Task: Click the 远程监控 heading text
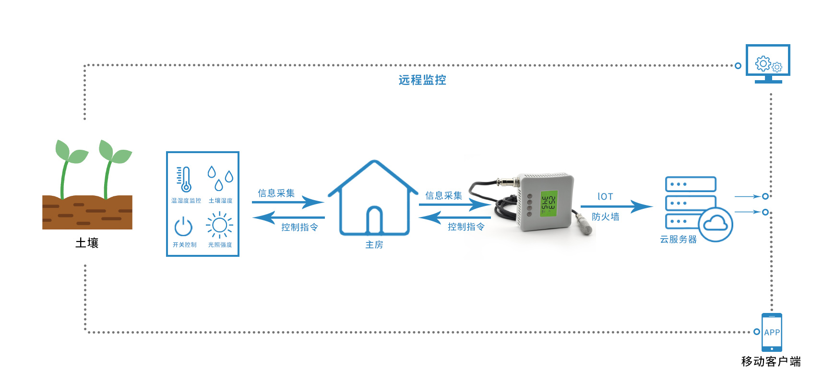click(x=422, y=80)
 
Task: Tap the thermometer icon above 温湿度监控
click(x=184, y=180)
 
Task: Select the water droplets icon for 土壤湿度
click(x=220, y=178)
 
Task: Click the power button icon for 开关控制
click(x=183, y=227)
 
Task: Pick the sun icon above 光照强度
click(x=219, y=225)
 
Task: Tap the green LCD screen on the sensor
click(x=548, y=203)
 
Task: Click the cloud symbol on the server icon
click(x=716, y=224)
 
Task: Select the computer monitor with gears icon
click(x=768, y=63)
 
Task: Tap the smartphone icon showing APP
click(x=772, y=332)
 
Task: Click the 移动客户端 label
click(x=771, y=361)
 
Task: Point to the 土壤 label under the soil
click(x=87, y=243)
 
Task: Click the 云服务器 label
click(x=678, y=239)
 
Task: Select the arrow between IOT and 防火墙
click(x=617, y=206)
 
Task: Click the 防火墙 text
click(x=605, y=217)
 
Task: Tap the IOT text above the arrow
click(x=605, y=196)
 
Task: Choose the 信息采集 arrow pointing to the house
click(x=288, y=202)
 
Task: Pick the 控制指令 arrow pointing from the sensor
click(x=454, y=218)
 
